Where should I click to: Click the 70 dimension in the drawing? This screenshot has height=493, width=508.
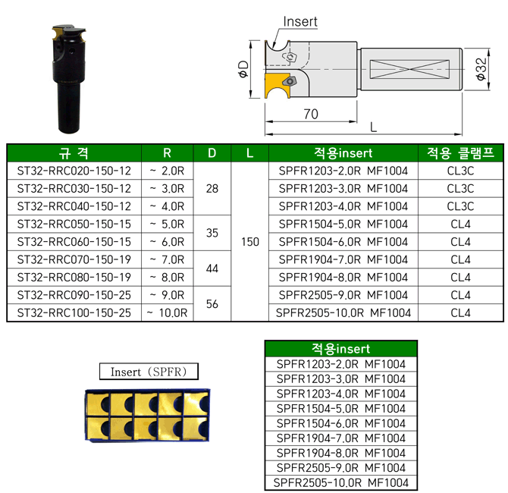(311, 114)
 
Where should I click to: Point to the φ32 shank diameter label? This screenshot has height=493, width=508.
(481, 69)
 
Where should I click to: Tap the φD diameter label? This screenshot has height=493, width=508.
(243, 69)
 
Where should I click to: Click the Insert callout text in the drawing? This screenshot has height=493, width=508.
(300, 22)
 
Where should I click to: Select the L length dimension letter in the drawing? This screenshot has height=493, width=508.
(373, 127)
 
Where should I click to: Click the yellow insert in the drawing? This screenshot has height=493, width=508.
(275, 86)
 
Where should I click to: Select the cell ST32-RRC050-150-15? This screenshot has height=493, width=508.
(74, 224)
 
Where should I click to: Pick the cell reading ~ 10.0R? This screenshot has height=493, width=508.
(167, 312)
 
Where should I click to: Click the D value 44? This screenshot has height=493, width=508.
(212, 268)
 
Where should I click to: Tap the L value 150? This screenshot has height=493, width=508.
(249, 242)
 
